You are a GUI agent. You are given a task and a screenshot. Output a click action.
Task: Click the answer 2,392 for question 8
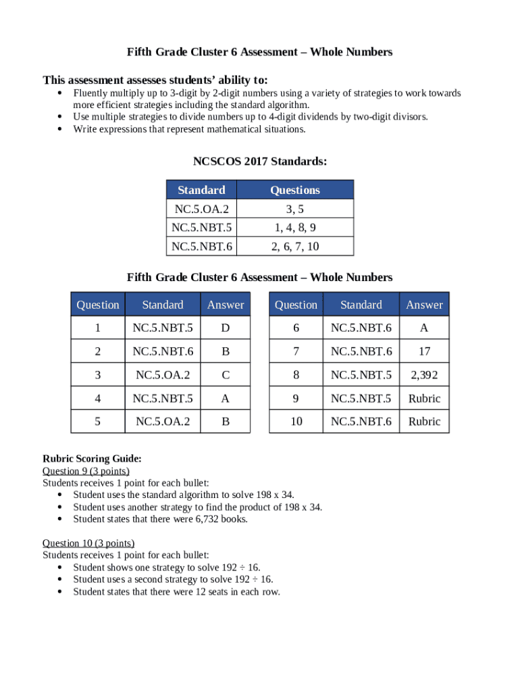424,375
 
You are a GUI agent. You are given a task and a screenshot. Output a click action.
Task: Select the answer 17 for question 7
424,351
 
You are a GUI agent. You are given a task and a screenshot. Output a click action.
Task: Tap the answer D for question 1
226,328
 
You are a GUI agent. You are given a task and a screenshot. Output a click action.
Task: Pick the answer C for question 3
226,375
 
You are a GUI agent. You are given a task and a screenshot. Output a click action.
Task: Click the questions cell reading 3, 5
295,209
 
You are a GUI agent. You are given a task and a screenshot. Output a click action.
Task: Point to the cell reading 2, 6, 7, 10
295,247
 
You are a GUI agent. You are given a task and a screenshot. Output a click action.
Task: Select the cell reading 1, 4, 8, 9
295,228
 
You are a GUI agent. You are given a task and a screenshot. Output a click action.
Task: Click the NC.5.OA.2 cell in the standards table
202,209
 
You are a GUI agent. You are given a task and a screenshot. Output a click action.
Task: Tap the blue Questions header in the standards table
295,190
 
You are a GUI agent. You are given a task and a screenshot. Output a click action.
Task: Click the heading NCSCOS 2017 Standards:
260,162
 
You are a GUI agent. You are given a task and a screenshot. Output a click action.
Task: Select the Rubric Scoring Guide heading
92,459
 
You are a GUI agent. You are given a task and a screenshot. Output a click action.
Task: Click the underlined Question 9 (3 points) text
86,471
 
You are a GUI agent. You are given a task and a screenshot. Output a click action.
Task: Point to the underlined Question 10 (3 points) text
88,543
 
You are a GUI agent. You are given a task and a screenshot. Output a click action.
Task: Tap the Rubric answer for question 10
424,422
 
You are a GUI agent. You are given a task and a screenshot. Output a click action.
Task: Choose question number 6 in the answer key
296,328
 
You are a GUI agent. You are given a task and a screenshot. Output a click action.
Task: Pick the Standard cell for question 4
163,399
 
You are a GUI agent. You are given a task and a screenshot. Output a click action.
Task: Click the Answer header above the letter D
226,305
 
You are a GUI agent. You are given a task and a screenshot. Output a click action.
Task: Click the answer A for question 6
424,328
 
